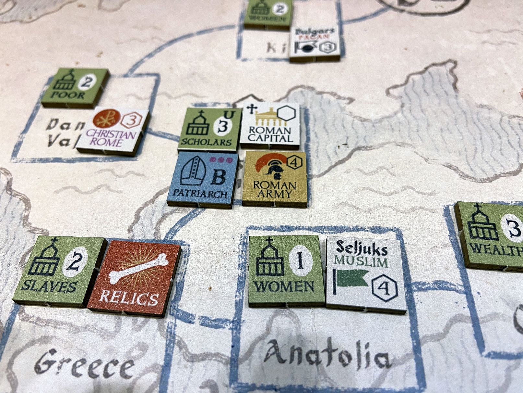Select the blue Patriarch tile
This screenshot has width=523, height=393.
point(203,178)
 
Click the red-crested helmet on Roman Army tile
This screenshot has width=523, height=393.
point(272,166)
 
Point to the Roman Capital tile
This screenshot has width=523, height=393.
point(270,125)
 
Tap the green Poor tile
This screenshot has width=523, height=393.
point(74,87)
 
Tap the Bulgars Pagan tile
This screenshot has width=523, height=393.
point(315,44)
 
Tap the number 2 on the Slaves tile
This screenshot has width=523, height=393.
point(75,261)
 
